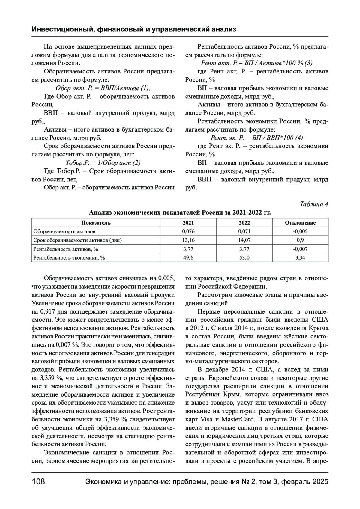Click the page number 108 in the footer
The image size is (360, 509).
[38, 482]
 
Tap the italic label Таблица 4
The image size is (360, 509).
[314, 204]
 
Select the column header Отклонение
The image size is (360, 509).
[300, 223]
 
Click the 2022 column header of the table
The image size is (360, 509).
[244, 223]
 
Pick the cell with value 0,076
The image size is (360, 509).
[188, 231]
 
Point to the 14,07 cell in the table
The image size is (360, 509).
[244, 240]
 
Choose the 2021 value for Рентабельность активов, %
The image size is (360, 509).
[188, 249]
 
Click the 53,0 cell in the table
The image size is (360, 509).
[244, 257]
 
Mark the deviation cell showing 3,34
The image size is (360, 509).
[300, 257]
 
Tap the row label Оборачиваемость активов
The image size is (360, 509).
[64, 231]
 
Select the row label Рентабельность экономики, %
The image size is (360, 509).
[69, 257]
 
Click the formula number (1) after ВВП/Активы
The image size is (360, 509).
[145, 88]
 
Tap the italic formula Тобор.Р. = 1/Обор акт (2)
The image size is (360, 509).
[103, 163]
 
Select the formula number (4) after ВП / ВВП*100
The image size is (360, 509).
[299, 138]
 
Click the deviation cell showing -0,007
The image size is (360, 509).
[300, 249]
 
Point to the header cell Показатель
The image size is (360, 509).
[96, 223]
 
